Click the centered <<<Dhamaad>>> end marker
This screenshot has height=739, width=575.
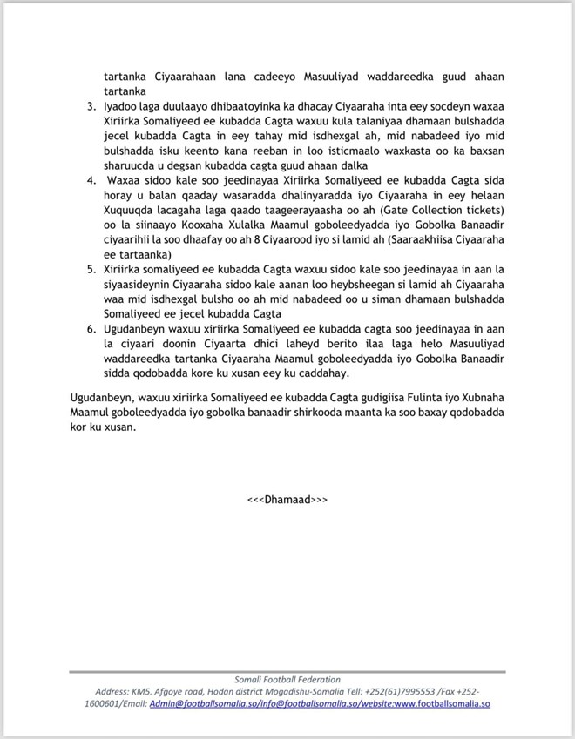pyautogui.click(x=287, y=501)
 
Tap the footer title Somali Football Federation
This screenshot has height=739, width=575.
pyautogui.click(x=287, y=679)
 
